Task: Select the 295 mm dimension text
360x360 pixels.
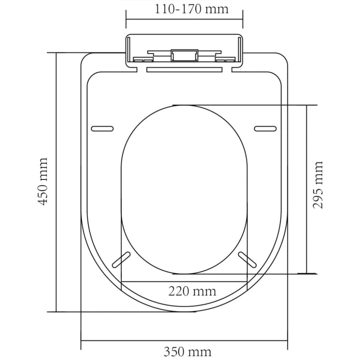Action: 319,184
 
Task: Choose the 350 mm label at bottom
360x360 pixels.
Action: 187,352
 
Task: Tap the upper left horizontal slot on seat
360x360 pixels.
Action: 102,128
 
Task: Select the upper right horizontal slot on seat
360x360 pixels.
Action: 265,128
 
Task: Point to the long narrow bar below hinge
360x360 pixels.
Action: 184,68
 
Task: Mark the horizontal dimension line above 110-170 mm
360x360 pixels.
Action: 184,20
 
